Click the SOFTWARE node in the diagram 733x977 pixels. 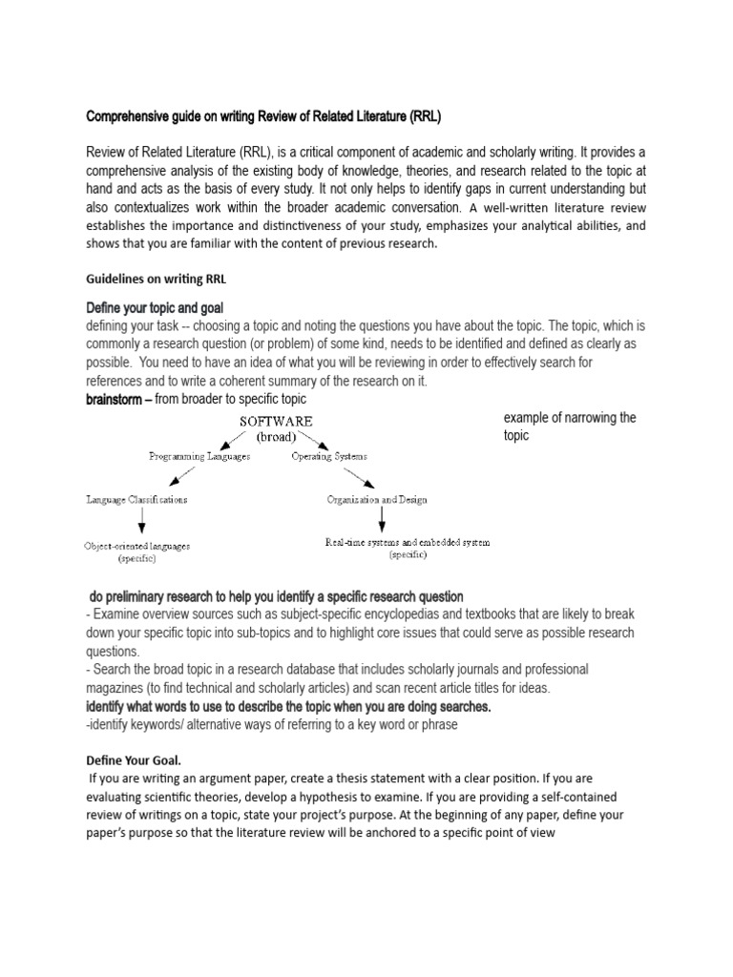(x=276, y=421)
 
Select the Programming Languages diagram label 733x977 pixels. (x=199, y=456)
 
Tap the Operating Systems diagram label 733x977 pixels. (x=329, y=456)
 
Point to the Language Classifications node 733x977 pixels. (x=136, y=498)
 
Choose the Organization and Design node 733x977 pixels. (x=377, y=499)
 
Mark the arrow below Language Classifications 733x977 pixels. (x=141, y=521)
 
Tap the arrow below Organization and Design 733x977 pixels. (x=383, y=519)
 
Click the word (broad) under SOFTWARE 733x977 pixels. (x=276, y=437)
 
